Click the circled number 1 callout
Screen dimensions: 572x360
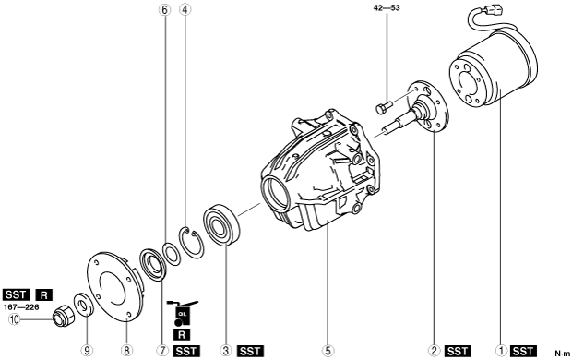tap(501, 351)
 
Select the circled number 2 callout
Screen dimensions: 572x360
tap(434, 351)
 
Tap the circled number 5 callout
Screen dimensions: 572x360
tap(328, 351)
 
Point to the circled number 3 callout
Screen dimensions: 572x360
tap(226, 351)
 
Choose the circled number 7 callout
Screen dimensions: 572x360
tap(162, 351)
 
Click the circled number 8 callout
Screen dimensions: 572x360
tap(126, 351)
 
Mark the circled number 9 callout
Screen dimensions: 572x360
tap(87, 351)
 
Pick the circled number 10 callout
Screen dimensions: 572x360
tap(14, 319)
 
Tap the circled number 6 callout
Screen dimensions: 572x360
tap(164, 10)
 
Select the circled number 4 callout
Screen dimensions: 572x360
tap(185, 10)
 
